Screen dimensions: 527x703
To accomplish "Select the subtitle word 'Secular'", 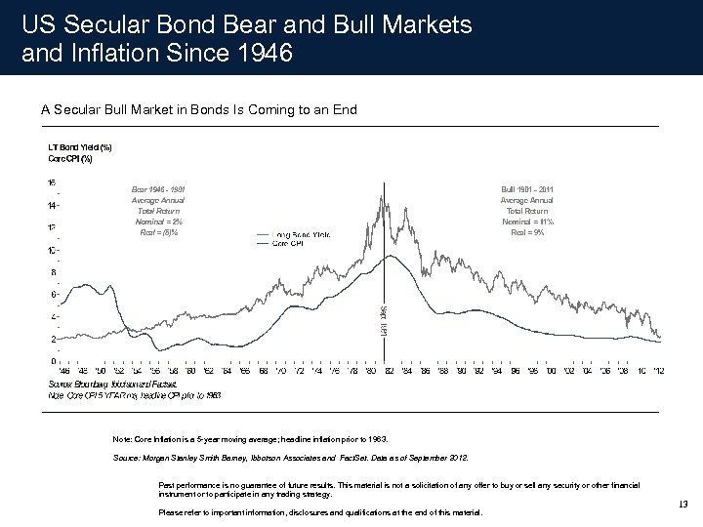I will pyautogui.click(x=81, y=110).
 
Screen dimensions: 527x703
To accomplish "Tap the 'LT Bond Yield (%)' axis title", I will pyautogui.click(x=80, y=147).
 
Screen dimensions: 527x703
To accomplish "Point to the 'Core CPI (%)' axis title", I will pyautogui.click(x=69, y=158).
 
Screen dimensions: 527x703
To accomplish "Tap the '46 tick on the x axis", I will pyautogui.click(x=65, y=371).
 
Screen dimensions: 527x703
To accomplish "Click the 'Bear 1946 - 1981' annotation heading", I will pyautogui.click(x=157, y=188).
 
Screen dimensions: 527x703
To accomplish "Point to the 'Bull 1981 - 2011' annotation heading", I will pyautogui.click(x=527, y=188).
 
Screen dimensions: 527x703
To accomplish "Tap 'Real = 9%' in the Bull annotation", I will pyautogui.click(x=527, y=232).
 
